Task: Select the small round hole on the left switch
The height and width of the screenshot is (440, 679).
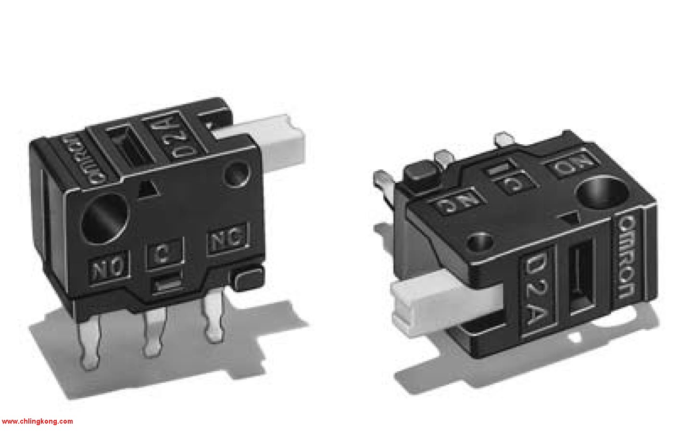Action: [237, 173]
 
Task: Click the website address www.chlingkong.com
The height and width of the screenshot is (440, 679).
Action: [37, 421]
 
